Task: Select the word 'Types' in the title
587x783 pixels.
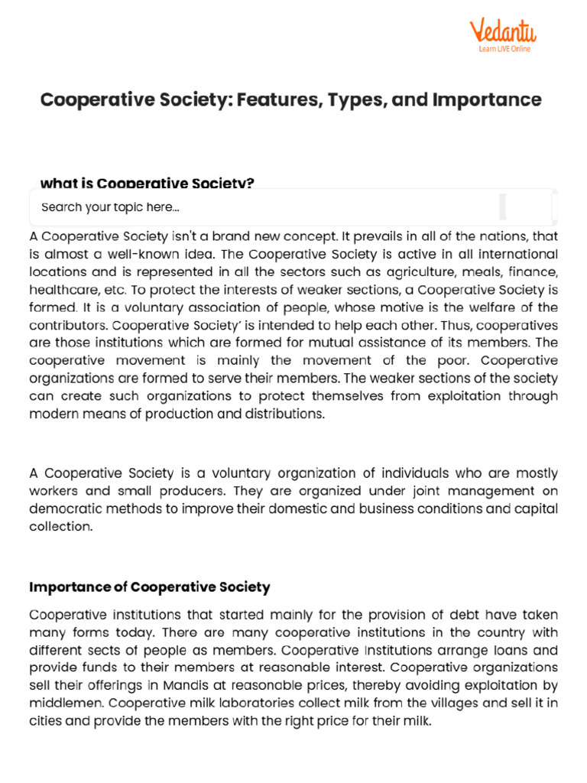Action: click(355, 99)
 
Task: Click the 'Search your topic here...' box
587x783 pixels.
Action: click(260, 207)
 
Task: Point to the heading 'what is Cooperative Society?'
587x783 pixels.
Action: click(147, 184)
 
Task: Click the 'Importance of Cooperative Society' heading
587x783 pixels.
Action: click(149, 587)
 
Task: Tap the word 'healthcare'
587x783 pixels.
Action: click(63, 290)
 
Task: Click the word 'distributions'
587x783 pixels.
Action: click(282, 414)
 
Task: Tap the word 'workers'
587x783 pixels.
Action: click(54, 491)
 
